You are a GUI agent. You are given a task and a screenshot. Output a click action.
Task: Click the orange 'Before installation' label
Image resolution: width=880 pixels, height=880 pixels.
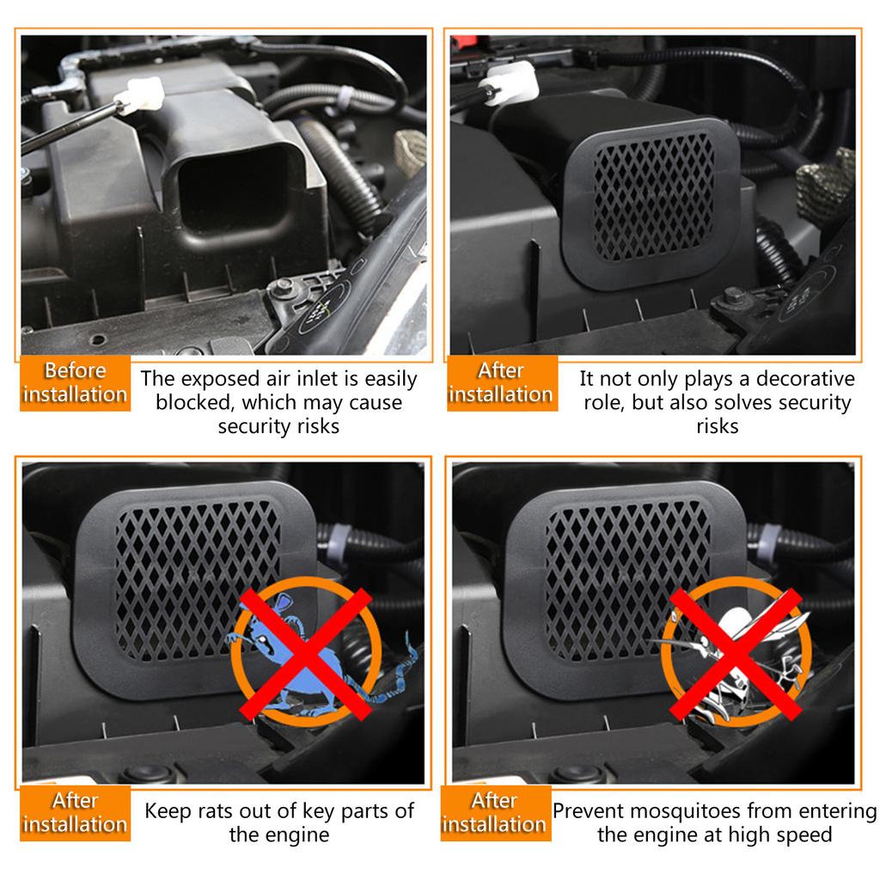coord(75,383)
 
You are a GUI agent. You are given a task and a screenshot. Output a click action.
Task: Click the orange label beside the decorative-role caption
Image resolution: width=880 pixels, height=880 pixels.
coord(501,383)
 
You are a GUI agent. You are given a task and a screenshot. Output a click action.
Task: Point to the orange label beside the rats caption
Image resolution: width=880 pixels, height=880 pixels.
coord(75,812)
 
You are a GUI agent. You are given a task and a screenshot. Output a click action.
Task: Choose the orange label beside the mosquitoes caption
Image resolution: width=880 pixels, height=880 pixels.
coord(495,812)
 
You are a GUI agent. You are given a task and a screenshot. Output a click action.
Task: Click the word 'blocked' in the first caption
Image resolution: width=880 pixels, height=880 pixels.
coord(196,402)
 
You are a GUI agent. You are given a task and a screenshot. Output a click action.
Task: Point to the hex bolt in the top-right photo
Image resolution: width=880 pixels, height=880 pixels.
coord(733,297)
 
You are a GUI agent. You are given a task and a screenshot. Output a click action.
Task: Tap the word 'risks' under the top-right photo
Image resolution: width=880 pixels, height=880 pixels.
coord(717,426)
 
